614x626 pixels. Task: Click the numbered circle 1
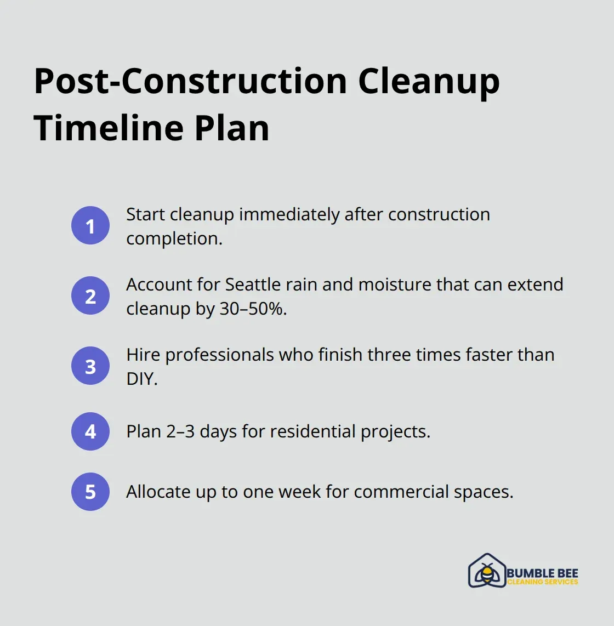coord(90,225)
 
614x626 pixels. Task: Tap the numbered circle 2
coord(90,295)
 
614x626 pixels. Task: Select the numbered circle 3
coord(90,366)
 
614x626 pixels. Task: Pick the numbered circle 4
coord(90,431)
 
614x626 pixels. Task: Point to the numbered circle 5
coord(90,492)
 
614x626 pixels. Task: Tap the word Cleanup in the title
coord(429,81)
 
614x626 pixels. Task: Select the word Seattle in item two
coord(253,284)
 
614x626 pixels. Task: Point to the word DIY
coord(141,379)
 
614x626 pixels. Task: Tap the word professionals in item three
coord(219,355)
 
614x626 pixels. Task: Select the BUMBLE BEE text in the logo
coord(542,573)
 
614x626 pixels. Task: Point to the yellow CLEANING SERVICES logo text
coord(542,582)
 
